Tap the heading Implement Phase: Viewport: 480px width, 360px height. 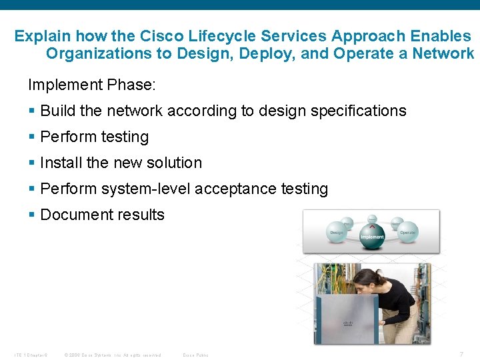(92, 85)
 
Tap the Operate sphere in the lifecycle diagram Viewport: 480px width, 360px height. (407, 231)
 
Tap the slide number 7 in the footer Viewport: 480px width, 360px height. (461, 354)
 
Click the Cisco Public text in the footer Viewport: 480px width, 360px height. (195, 355)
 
